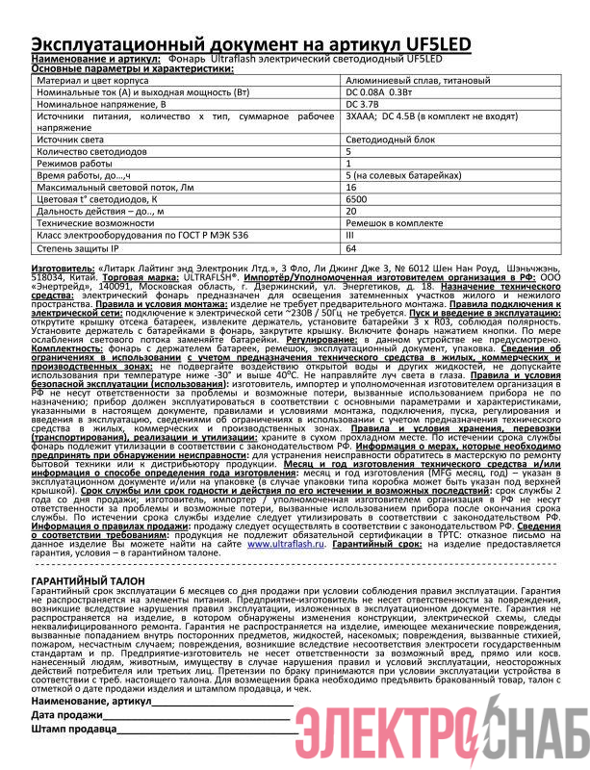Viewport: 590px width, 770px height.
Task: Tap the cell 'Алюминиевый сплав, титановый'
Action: (x=417, y=81)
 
